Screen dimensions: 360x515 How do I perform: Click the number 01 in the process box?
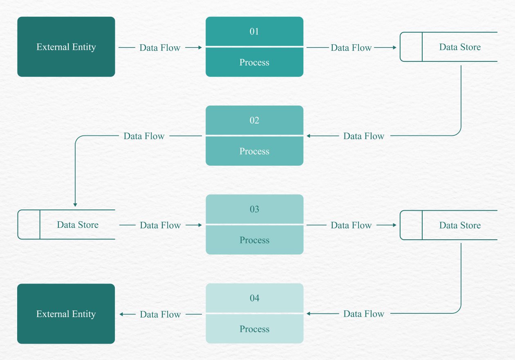coord(254,32)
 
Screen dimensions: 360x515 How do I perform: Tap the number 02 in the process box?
coord(254,120)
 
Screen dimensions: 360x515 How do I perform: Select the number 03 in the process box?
coord(254,209)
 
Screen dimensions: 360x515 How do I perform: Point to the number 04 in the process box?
coord(254,298)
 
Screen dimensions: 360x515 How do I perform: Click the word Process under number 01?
coord(254,62)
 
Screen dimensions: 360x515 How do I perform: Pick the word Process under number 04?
coord(254,329)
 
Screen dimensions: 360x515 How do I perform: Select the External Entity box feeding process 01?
coord(66,47)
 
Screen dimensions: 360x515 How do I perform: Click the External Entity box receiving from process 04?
coord(66,314)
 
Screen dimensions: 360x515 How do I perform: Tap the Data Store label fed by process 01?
coord(460,47)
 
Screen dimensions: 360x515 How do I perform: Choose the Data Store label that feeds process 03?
coord(78,225)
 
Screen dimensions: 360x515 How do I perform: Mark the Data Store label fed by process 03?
coord(460,225)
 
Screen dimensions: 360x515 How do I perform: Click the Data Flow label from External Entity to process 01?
coord(160,47)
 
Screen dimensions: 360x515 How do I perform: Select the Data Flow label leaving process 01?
coord(351,47)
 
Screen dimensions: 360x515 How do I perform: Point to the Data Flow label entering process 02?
coord(364,136)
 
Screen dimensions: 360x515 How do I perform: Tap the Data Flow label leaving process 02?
coord(144,136)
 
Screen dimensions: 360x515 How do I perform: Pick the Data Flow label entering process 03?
coord(160,225)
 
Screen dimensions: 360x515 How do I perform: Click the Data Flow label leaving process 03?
coord(351,225)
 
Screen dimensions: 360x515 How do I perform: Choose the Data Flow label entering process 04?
coord(364,314)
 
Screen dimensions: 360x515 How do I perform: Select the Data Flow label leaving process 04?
coord(160,314)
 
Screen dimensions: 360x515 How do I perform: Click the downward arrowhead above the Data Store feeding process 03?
coord(75,204)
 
